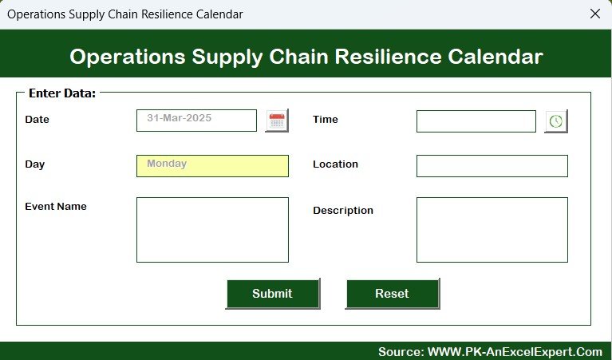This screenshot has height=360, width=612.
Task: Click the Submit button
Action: [273, 294]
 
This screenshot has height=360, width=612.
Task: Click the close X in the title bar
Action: [595, 14]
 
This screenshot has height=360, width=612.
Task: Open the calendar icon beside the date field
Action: [277, 121]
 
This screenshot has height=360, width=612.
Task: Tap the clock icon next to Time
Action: [556, 121]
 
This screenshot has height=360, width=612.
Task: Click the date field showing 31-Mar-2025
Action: [197, 121]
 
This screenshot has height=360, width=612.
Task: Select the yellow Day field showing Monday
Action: [212, 166]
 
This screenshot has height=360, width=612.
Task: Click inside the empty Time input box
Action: [476, 121]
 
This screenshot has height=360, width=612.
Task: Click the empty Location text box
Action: [492, 166]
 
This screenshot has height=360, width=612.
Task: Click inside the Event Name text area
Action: [212, 230]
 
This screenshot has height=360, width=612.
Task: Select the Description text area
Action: [492, 230]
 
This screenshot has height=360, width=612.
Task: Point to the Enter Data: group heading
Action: [62, 93]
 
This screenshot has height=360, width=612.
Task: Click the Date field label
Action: [37, 120]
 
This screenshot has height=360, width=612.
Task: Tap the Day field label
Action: [35, 164]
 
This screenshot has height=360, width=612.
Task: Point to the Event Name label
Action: [56, 206]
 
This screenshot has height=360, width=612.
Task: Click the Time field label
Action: [326, 120]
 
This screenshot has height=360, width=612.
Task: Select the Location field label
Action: [336, 164]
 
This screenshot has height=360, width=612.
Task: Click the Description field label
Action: [343, 211]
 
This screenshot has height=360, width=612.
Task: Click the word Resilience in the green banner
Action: [388, 57]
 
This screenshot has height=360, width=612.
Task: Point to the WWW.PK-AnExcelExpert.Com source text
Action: [515, 352]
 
